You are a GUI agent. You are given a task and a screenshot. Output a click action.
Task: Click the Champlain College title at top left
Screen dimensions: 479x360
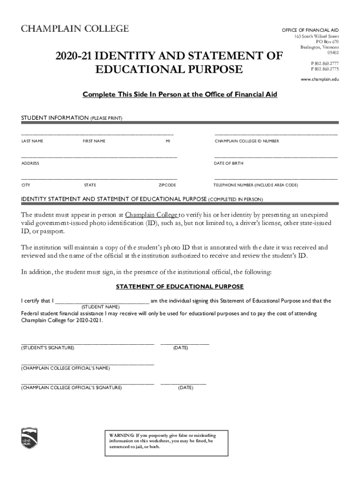click(74, 29)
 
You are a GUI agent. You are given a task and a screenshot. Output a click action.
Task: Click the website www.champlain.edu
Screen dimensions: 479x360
click(319, 80)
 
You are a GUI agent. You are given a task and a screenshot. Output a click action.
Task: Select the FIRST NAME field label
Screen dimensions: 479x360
click(94, 141)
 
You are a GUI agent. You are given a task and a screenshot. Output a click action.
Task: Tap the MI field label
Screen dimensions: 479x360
click(168, 141)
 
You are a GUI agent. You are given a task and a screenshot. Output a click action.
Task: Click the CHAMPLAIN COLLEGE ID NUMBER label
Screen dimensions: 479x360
click(247, 141)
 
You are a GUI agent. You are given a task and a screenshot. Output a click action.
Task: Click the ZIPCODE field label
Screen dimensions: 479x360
click(167, 185)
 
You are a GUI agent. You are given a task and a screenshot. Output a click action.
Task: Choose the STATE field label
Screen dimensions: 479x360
click(90, 185)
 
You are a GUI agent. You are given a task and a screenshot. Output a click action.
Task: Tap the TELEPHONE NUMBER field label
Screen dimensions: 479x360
click(256, 185)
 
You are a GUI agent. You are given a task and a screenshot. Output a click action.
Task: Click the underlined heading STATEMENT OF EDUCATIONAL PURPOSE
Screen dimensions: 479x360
click(180, 286)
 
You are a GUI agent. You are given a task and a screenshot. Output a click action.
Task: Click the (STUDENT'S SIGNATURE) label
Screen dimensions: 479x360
click(48, 348)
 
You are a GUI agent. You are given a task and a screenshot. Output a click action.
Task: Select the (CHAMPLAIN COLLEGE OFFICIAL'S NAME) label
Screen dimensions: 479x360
click(65, 368)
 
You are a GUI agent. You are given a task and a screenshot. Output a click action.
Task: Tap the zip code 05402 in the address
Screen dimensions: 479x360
click(333, 52)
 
